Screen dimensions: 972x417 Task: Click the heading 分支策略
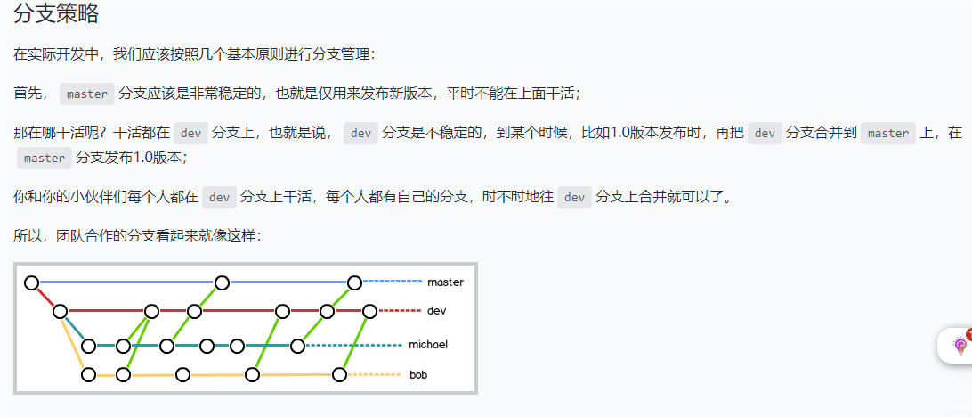point(56,14)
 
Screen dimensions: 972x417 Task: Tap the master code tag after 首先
point(87,94)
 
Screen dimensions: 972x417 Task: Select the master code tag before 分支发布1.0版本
point(45,158)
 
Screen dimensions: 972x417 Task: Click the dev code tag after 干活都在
point(190,133)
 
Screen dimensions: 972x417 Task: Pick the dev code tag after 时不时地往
point(575,197)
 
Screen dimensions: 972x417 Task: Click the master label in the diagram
point(445,282)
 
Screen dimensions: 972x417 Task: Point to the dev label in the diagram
point(436,311)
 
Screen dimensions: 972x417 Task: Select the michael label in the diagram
point(428,345)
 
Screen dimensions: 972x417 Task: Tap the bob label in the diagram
point(418,375)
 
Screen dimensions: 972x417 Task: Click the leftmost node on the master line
point(32,282)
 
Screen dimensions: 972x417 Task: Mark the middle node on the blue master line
point(223,282)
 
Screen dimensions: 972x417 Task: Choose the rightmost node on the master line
point(354,282)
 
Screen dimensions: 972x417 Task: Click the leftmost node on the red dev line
point(60,311)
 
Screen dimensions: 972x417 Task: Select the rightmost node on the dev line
point(369,311)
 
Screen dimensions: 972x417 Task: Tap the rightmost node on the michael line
point(296,346)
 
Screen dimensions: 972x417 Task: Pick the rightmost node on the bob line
point(339,374)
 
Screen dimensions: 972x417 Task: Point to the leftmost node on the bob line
point(88,374)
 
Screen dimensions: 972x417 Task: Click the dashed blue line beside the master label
point(393,282)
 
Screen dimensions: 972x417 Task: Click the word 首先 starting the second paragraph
point(27,94)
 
